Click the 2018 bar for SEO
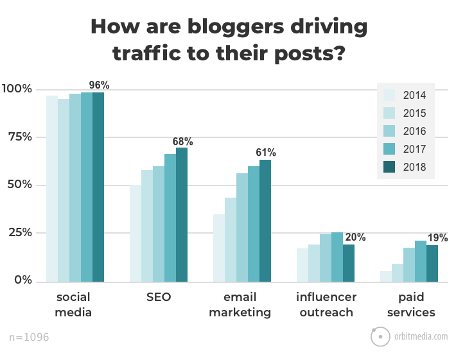click(182, 215)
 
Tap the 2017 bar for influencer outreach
click(337, 257)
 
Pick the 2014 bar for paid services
click(386, 276)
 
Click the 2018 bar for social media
click(98, 187)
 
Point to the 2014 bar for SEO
click(136, 234)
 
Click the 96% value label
click(99, 85)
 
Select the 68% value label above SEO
click(182, 141)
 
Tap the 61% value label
click(266, 152)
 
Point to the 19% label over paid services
click(437, 237)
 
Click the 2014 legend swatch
click(389, 96)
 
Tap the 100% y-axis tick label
click(17, 89)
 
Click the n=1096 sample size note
click(30, 336)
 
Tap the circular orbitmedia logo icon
click(380, 336)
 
